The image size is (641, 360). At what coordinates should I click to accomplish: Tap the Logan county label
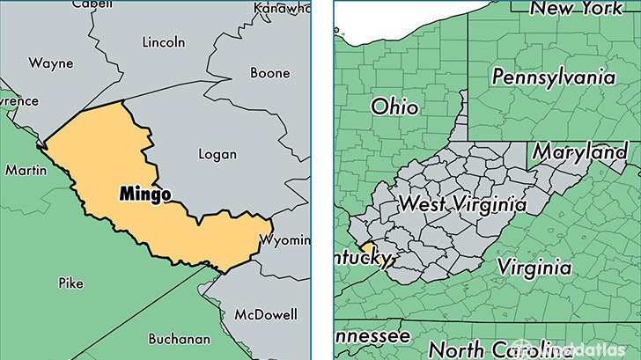point(217,154)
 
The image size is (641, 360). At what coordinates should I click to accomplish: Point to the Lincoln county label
point(164,41)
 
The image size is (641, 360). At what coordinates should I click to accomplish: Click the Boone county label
point(269,73)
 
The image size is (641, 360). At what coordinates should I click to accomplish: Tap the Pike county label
point(70,283)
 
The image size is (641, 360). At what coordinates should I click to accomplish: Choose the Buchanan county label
point(180,338)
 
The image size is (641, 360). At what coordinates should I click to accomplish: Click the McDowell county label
point(266,314)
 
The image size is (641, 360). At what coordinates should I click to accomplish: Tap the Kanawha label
point(282,9)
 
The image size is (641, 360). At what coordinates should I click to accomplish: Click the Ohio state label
point(394,107)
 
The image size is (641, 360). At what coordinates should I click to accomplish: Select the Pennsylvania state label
point(553,77)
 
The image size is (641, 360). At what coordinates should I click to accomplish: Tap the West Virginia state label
point(461,203)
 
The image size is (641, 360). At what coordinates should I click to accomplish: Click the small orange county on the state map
point(365,250)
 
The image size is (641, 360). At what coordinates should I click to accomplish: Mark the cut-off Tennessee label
point(372,336)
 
